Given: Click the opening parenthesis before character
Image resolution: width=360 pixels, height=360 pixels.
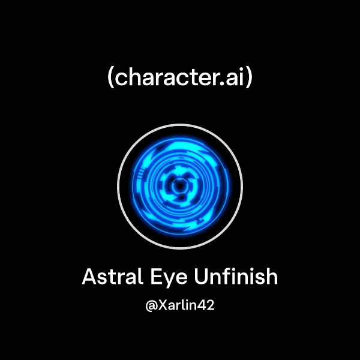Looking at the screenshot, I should pyautogui.click(x=110, y=78).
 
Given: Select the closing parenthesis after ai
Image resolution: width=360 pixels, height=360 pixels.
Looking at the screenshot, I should pyautogui.click(x=249, y=78).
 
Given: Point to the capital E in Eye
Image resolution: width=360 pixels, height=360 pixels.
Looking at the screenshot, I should pyautogui.click(x=158, y=277).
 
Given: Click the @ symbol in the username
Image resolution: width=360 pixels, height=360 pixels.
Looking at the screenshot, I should pyautogui.click(x=151, y=305).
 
